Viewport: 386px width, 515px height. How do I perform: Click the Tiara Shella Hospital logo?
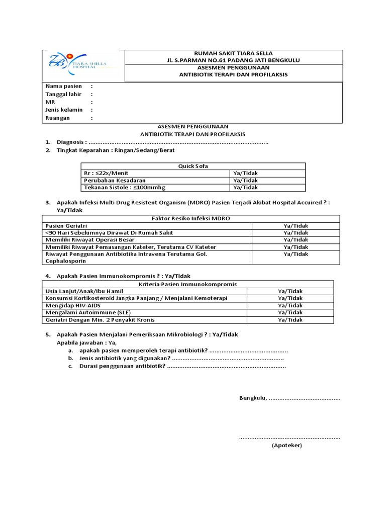(x=80, y=65)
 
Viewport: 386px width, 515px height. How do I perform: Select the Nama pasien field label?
(x=64, y=87)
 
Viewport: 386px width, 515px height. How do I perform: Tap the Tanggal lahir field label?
(x=65, y=94)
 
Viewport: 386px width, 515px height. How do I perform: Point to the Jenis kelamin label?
(x=64, y=110)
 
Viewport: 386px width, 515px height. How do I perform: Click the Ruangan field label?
(x=58, y=118)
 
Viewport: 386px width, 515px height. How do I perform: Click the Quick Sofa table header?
(x=193, y=166)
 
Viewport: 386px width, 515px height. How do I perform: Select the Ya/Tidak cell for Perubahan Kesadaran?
(x=245, y=180)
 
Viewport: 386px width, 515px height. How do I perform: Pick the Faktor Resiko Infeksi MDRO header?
(x=190, y=218)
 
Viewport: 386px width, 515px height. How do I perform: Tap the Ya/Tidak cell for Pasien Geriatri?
(x=296, y=226)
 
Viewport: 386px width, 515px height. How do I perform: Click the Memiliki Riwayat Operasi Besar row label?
(x=88, y=240)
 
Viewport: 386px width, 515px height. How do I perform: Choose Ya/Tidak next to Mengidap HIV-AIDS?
(x=291, y=305)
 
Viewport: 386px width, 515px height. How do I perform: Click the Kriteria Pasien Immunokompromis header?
(x=187, y=284)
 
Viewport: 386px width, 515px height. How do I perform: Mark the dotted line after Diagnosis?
(x=178, y=142)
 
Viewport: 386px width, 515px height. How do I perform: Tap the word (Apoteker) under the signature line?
(x=287, y=446)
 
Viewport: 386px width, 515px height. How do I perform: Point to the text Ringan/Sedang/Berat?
(x=148, y=150)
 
